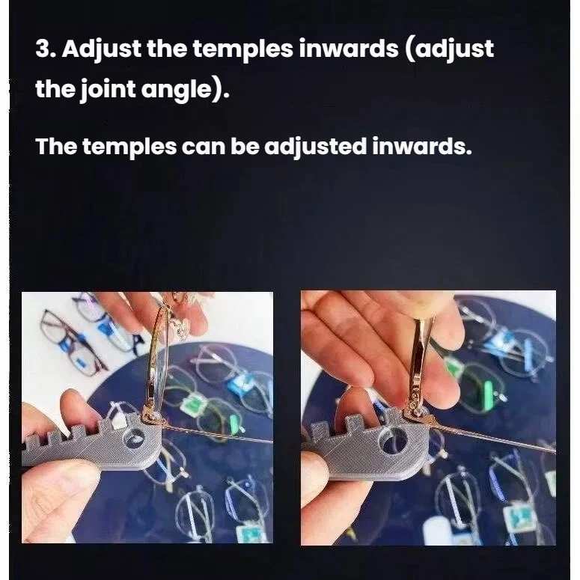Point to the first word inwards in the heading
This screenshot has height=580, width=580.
349,49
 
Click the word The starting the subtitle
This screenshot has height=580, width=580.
56,146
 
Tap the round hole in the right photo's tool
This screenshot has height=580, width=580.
393,439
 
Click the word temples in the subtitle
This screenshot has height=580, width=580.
129,147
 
